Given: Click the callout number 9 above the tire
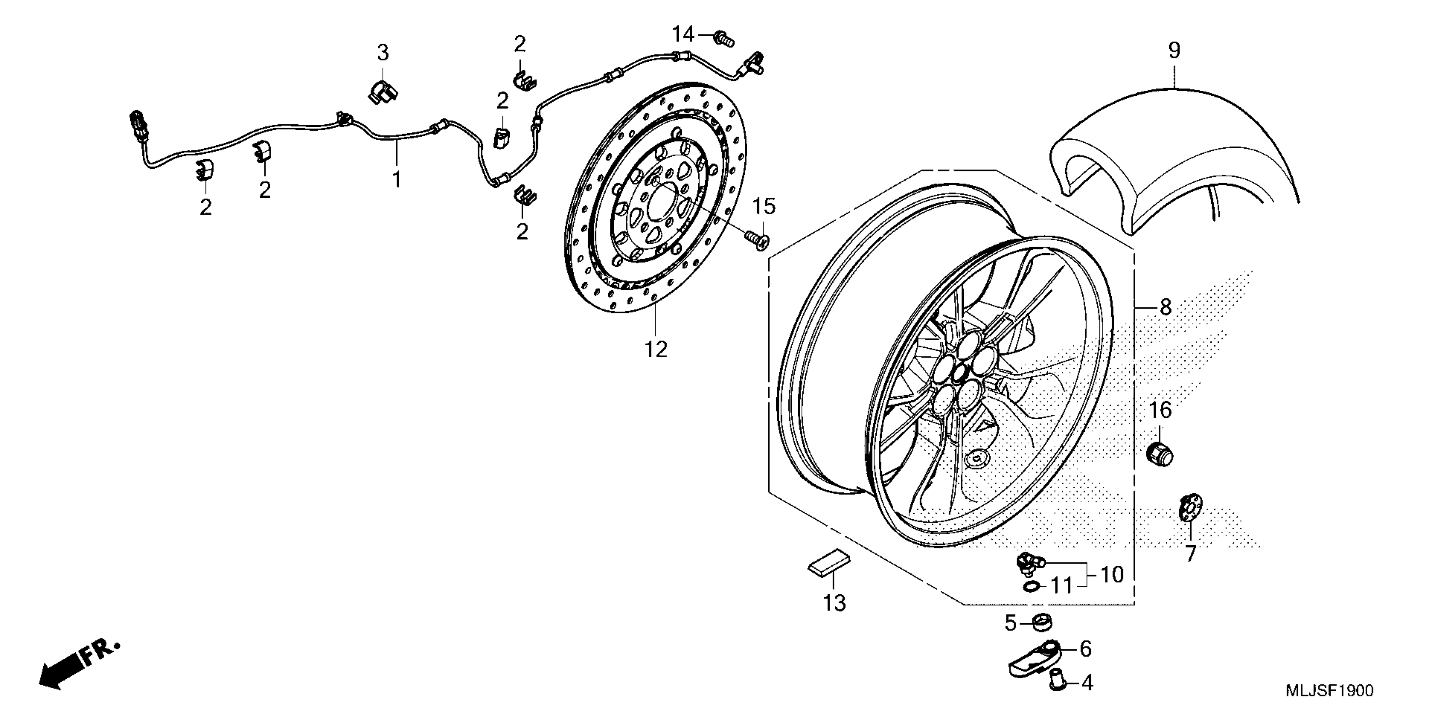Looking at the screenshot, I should (x=1174, y=50).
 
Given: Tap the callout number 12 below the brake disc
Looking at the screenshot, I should (x=655, y=349).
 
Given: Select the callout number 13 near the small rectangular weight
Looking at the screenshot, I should (x=834, y=603).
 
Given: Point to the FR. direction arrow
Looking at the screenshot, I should (x=78, y=665).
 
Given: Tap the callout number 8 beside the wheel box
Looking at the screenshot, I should (x=1165, y=306).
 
